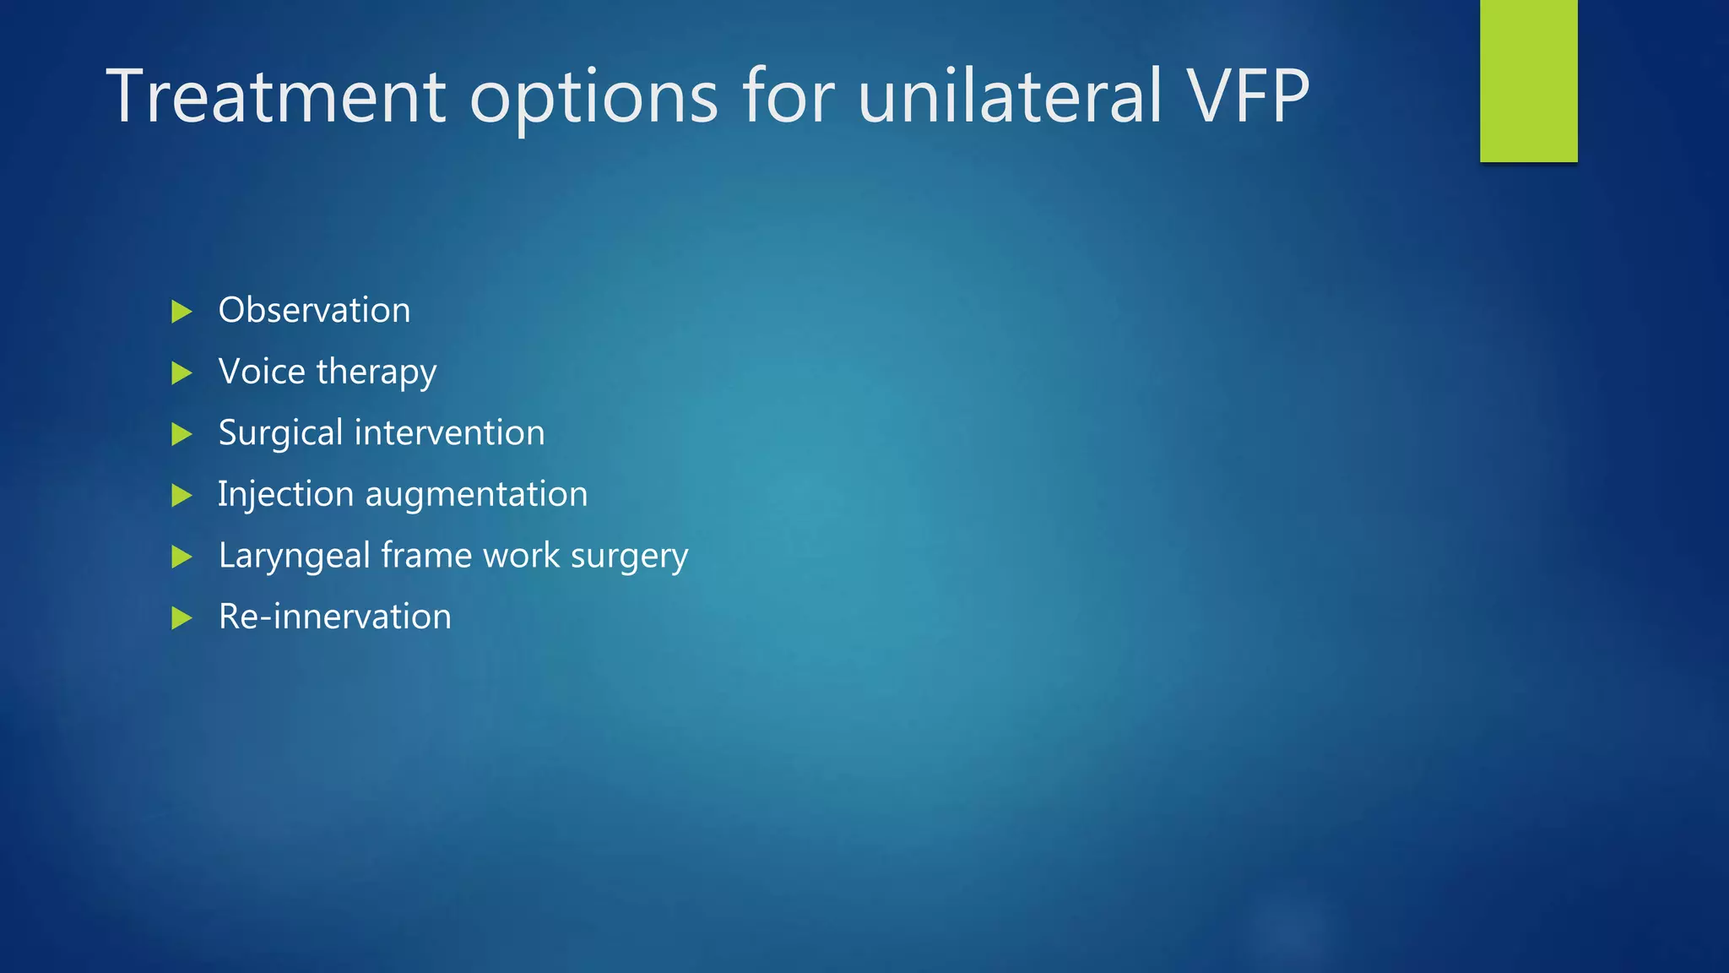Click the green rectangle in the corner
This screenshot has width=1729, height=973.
click(x=1528, y=80)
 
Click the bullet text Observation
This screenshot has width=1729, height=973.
click(x=314, y=310)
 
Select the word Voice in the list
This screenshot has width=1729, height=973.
click(x=262, y=372)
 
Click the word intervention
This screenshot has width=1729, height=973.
click(x=449, y=432)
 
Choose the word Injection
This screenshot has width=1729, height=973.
click(x=285, y=495)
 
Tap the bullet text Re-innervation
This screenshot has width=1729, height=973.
click(x=334, y=617)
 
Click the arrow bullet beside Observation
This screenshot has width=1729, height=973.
click(x=182, y=312)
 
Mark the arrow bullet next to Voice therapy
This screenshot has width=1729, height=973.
click(x=182, y=372)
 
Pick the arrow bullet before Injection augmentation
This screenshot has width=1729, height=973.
click(x=182, y=495)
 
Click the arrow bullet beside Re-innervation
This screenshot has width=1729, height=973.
click(x=182, y=617)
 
